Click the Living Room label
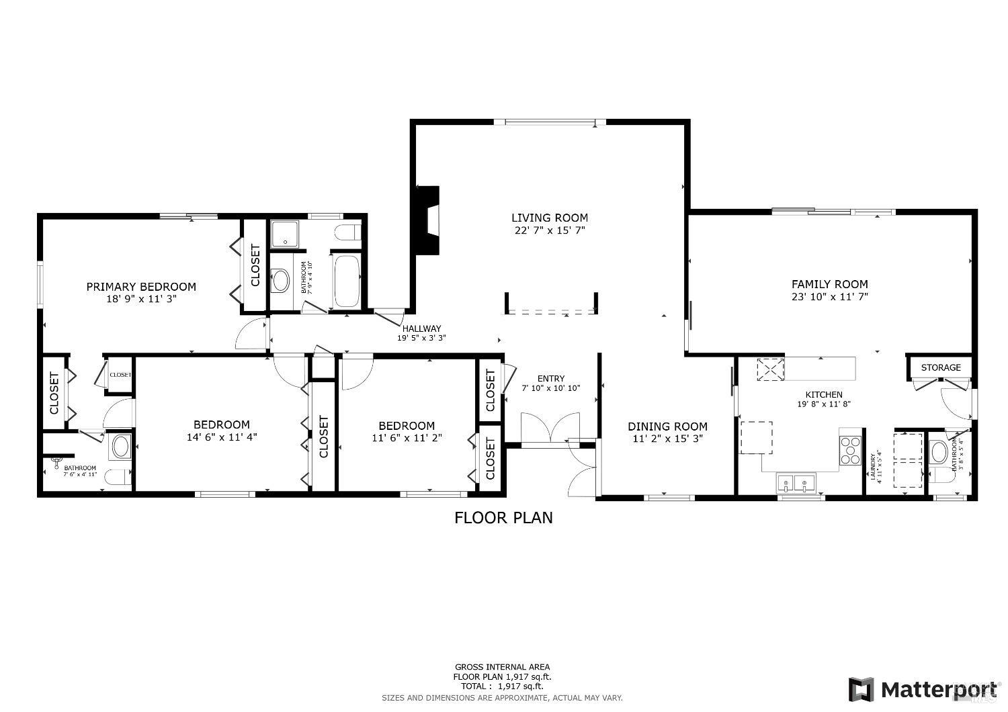click(x=549, y=218)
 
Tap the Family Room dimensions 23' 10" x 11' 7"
click(x=829, y=296)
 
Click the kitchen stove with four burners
click(x=851, y=449)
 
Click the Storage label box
click(x=940, y=367)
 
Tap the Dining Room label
click(x=667, y=427)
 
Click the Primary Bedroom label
click(x=141, y=287)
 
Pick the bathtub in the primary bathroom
click(x=347, y=281)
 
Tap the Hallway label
click(x=421, y=328)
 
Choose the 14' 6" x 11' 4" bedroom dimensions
click(x=222, y=437)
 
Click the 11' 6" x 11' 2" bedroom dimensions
click(x=406, y=438)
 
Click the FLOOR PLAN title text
click(x=503, y=518)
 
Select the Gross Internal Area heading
click(x=502, y=667)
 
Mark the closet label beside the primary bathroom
click(x=255, y=265)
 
